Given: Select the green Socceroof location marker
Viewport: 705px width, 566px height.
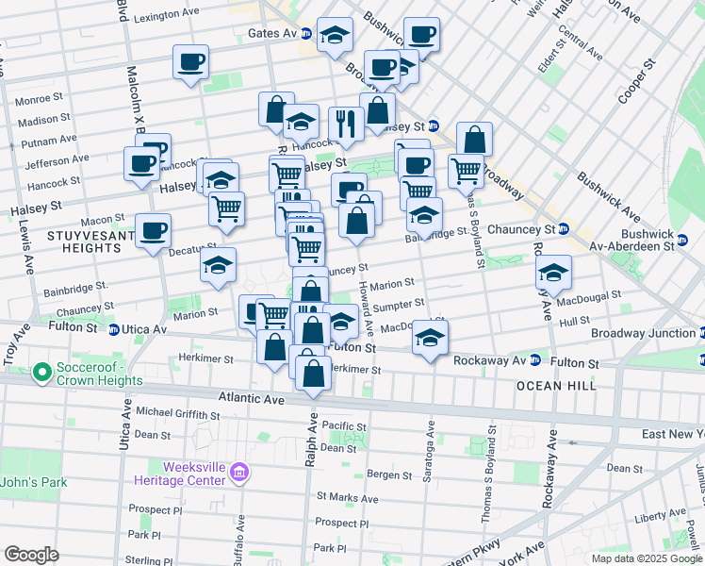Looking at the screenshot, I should [x=41, y=374].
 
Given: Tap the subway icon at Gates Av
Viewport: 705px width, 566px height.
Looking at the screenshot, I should [x=306, y=33].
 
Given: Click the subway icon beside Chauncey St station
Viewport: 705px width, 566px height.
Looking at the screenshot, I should [x=563, y=229].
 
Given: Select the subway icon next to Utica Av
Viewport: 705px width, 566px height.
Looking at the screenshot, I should [x=113, y=330].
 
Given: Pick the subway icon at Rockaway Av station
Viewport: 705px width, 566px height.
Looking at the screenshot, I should [x=534, y=360].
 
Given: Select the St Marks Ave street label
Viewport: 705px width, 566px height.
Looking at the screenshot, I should [x=347, y=498].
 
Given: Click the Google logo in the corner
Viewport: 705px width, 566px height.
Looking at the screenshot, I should [x=31, y=555].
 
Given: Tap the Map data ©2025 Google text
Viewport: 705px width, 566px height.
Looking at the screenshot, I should [x=646, y=558].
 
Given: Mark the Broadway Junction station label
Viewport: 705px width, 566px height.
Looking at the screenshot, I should [x=644, y=334].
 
